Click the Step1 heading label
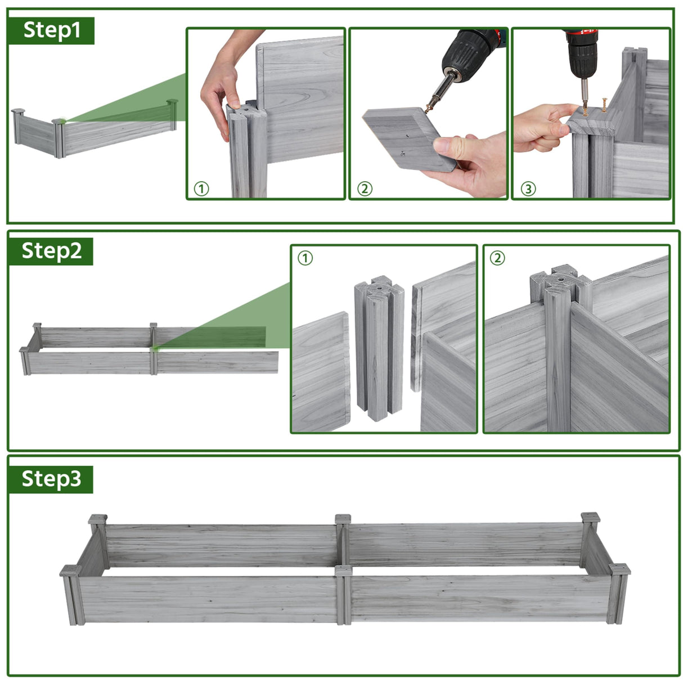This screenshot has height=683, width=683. [x=52, y=30]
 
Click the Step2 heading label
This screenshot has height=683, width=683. [x=51, y=251]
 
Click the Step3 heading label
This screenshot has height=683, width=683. [x=51, y=479]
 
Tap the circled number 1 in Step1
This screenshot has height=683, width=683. [x=201, y=189]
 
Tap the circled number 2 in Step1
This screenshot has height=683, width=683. [x=365, y=189]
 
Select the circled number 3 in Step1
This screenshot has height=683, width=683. [x=528, y=189]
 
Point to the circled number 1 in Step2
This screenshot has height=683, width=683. [x=305, y=258]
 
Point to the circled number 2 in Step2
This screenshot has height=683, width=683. [x=497, y=258]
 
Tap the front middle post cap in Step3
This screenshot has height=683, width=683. [x=343, y=570]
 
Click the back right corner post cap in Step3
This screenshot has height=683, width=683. [x=591, y=517]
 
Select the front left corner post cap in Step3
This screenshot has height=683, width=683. [x=70, y=570]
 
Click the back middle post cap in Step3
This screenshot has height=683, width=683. [x=343, y=519]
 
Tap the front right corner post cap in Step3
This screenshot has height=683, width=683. [x=620, y=569]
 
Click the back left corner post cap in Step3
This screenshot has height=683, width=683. [x=97, y=519]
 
